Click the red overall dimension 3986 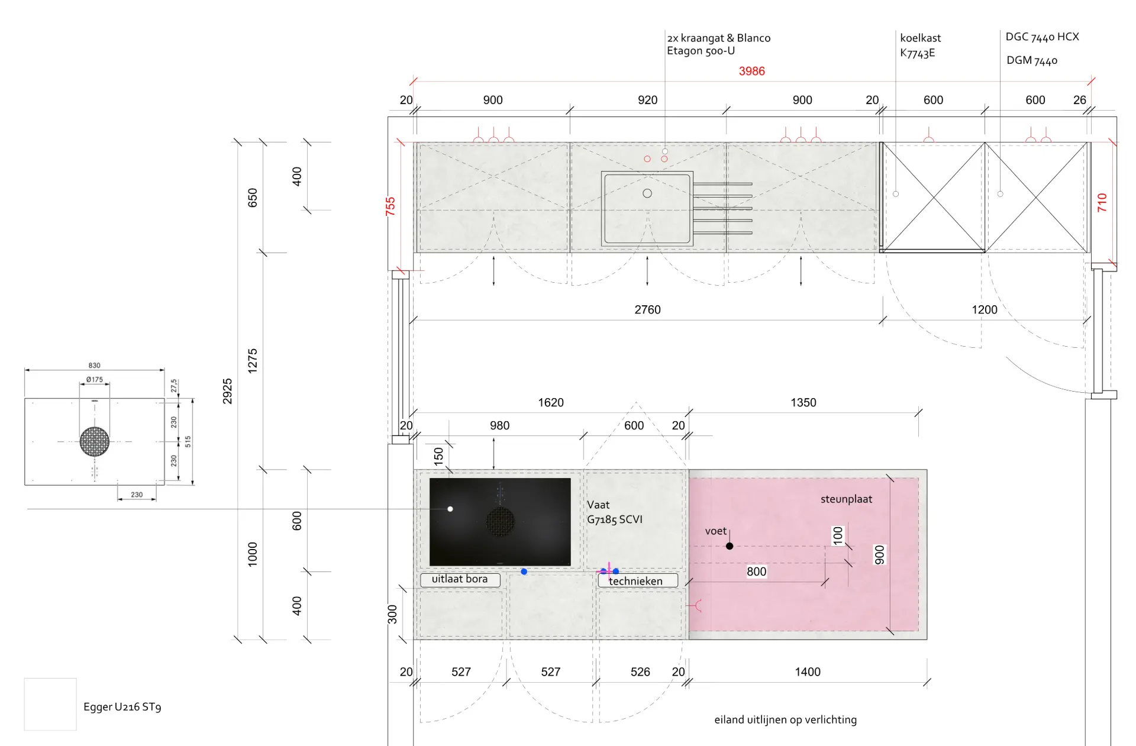[x=751, y=71]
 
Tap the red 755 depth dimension [x=390, y=206]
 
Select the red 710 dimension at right [x=1102, y=202]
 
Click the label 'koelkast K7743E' [x=920, y=45]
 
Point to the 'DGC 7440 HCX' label [x=1042, y=37]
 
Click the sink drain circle [x=647, y=193]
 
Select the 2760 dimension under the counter [x=647, y=309]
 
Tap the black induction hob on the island [x=500, y=522]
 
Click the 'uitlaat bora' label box [x=460, y=579]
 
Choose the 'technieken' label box [x=637, y=580]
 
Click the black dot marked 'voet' [x=730, y=546]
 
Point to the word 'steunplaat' [x=846, y=499]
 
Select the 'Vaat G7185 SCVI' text [x=615, y=512]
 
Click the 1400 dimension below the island [x=808, y=671]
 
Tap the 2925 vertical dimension [x=228, y=391]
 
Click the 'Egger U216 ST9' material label [x=122, y=706]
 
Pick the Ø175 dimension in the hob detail [x=94, y=380]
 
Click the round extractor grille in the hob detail [x=95, y=441]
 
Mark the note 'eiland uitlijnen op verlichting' [x=785, y=719]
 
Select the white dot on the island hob [x=450, y=509]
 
